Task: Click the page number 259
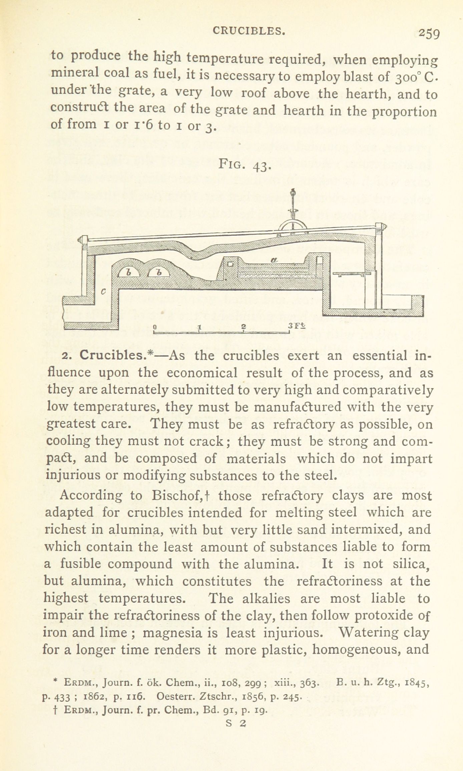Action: point(429,34)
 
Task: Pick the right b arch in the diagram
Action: point(159,272)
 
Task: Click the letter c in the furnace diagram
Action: point(103,291)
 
